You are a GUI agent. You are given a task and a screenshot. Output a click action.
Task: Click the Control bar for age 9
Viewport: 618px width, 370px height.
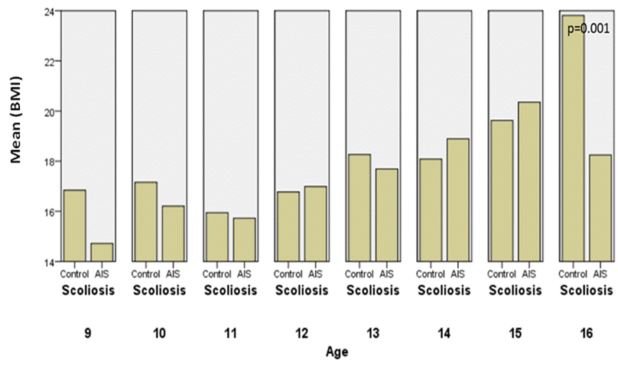pos(75,226)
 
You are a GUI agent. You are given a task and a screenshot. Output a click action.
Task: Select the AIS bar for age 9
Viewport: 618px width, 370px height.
pos(102,252)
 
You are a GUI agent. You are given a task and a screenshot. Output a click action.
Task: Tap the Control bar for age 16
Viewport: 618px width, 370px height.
pos(573,138)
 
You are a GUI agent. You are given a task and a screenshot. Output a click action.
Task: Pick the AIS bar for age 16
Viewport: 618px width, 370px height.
pos(600,208)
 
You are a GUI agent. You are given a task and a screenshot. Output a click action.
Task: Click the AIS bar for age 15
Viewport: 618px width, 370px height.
pos(529,182)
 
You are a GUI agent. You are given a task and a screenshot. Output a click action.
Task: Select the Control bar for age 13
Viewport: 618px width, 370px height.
pos(359,208)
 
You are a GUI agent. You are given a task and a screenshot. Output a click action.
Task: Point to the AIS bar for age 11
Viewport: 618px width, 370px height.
pos(244,240)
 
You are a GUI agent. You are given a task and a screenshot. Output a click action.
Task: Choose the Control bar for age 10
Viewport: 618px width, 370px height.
pos(146,222)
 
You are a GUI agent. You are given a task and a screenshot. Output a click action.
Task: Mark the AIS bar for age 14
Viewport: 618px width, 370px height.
pos(458,200)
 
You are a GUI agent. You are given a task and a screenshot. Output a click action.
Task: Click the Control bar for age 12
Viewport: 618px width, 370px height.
pos(288,226)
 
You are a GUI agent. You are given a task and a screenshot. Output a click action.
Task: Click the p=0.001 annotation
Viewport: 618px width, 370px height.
pos(588,29)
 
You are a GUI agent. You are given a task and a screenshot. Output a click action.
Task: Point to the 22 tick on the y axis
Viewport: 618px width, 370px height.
pos(55,61)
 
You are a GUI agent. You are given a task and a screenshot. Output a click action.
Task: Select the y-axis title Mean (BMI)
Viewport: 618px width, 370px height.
pos(16,119)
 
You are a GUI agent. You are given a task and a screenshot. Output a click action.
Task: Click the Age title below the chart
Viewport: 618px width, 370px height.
pos(337,352)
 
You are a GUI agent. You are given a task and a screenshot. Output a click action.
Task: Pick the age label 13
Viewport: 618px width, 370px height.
pos(372,333)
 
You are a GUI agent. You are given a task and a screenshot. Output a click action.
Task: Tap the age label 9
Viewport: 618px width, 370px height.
pos(87,333)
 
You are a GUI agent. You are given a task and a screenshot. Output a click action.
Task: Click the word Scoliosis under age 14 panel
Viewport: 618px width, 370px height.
pos(444,290)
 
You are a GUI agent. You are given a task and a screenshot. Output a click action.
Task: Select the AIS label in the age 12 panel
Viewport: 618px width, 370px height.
pos(315,274)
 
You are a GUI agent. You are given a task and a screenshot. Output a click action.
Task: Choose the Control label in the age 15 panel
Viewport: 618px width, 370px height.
pos(501,274)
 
